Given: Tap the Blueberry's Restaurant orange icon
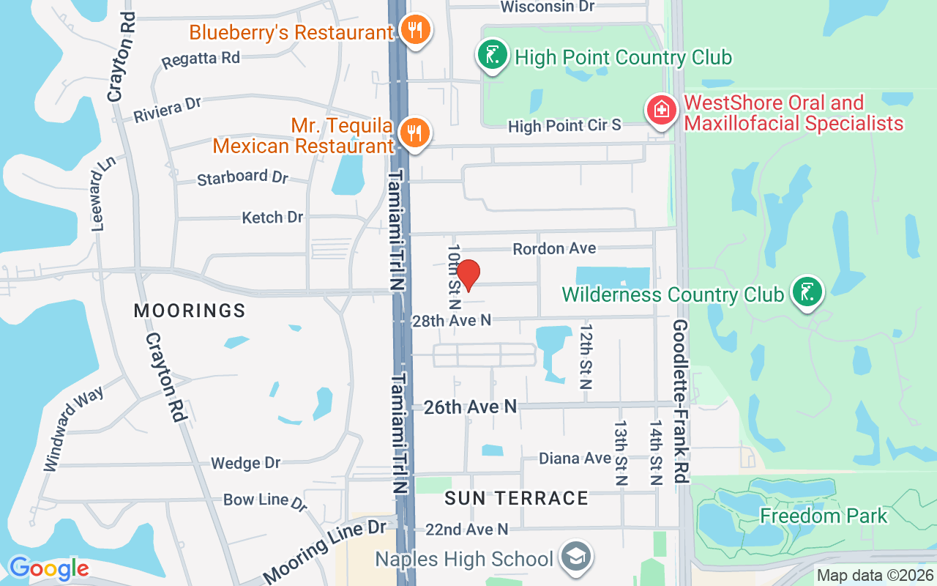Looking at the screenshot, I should click(416, 31).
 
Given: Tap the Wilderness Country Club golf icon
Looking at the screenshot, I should click(807, 293).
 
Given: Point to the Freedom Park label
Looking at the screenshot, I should click(824, 516).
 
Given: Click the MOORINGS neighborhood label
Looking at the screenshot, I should click(190, 311).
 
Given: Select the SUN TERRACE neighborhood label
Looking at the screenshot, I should click(517, 498).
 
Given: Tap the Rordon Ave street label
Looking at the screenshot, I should click(554, 249).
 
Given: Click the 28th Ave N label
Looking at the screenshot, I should click(452, 320).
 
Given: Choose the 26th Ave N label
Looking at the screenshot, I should click(471, 407).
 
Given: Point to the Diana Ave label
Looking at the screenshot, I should click(575, 459).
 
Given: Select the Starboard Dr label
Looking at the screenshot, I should click(243, 177).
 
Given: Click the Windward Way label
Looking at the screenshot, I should click(75, 428).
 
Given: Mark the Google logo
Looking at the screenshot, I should click(49, 568).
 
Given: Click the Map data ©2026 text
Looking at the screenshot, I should click(876, 576).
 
